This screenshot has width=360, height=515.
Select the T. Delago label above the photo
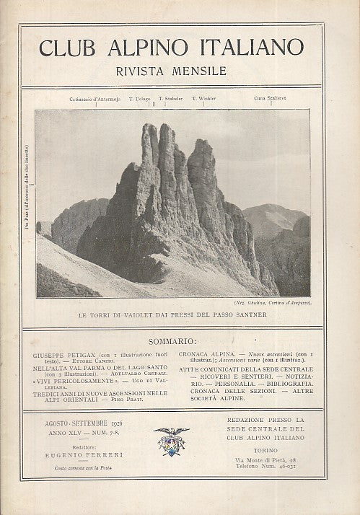139,98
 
